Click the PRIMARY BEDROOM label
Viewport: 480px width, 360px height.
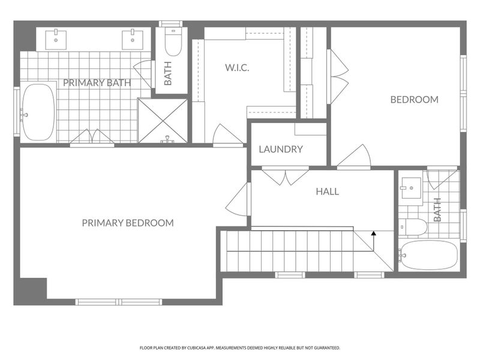click(128, 223)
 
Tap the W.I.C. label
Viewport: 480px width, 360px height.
click(237, 68)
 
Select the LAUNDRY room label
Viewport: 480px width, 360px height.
click(281, 149)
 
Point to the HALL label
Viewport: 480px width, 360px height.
click(327, 192)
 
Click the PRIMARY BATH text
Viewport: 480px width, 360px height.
click(97, 83)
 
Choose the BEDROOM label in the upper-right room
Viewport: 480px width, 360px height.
click(414, 100)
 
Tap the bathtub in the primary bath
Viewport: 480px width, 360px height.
click(38, 112)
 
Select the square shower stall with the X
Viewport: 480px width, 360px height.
click(163, 121)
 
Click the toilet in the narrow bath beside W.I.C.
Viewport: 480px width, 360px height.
click(172, 42)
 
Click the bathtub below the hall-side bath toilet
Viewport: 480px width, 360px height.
click(428, 256)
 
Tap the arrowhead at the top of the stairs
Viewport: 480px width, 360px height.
click(374, 233)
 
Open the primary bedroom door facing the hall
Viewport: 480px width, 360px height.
click(239, 200)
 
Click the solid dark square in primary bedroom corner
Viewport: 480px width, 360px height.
click(30, 291)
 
